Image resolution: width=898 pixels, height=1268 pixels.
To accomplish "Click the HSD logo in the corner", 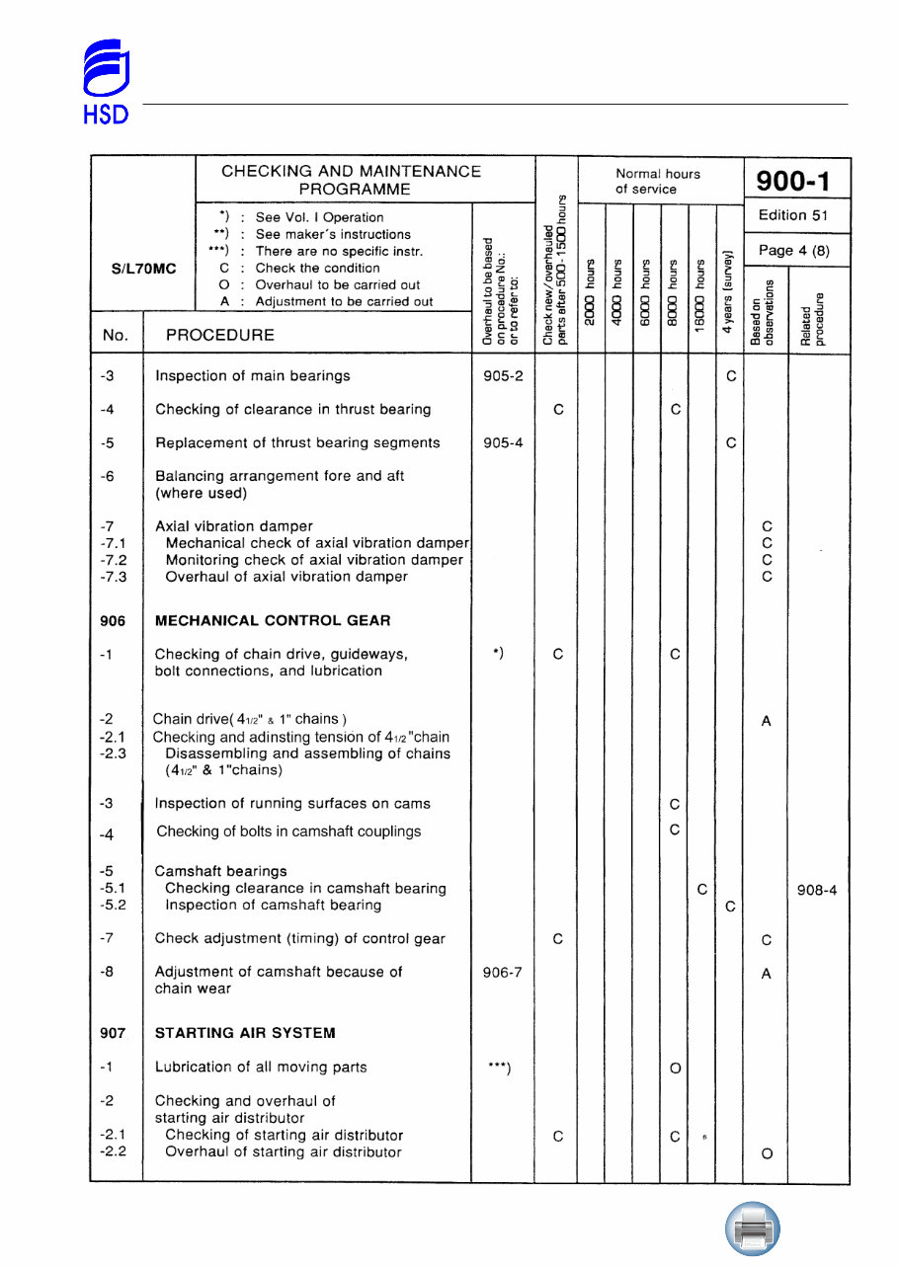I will click(104, 82).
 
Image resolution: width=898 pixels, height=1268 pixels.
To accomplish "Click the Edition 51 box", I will click(792, 215).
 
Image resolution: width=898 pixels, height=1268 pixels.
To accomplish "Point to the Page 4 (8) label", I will click(792, 250).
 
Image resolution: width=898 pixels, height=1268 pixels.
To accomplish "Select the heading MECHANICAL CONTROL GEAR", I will click(273, 620).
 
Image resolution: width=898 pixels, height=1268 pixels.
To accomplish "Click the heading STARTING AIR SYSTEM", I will click(245, 1032).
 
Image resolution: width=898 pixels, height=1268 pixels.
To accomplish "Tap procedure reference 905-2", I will click(503, 375).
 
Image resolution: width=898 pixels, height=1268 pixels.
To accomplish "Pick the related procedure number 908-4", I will click(817, 890).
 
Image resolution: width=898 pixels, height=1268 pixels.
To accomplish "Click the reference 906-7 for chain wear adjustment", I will click(503, 972).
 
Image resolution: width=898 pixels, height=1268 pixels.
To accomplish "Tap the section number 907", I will click(113, 1032).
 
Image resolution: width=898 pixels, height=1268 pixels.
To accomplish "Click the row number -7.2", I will click(114, 560).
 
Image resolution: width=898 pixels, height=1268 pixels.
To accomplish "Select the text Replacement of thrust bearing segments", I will click(297, 442).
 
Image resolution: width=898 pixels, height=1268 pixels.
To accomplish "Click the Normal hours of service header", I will click(658, 181).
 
